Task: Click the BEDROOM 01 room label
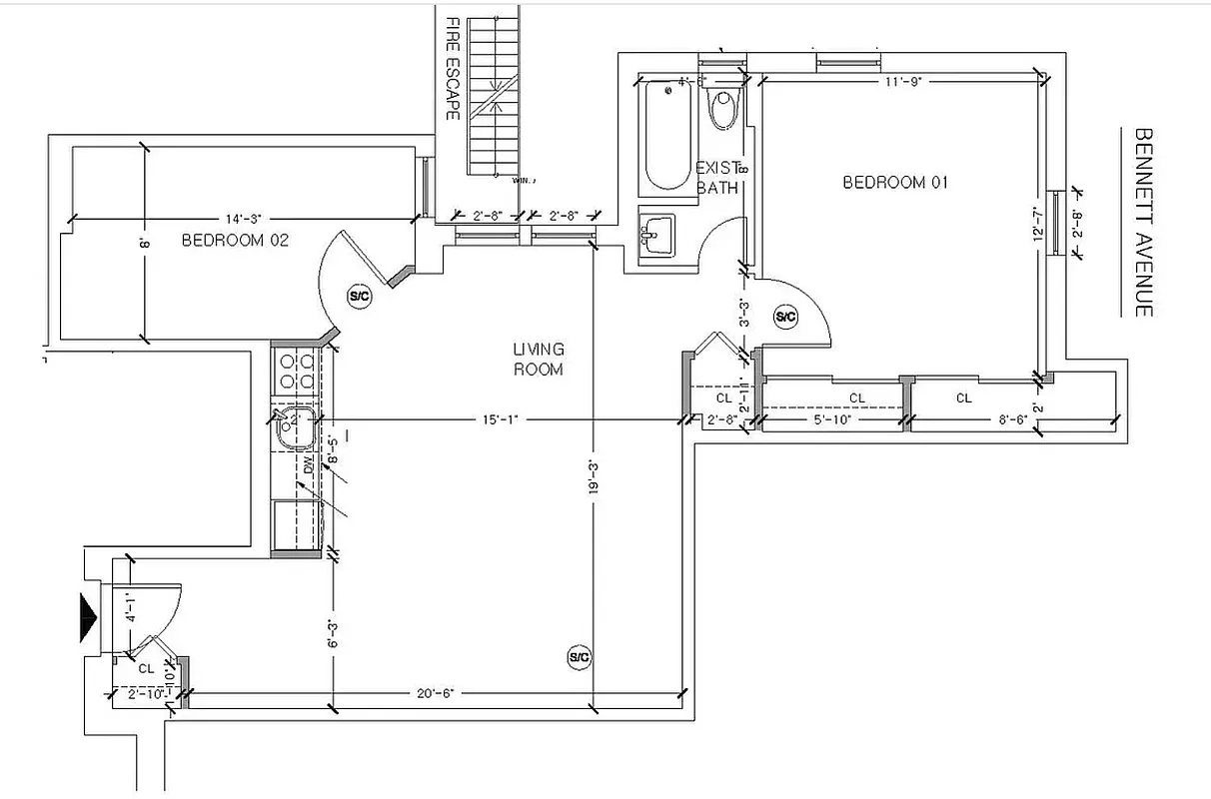894,183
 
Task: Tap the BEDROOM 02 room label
237,241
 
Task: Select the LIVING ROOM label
539,360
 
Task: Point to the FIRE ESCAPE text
452,68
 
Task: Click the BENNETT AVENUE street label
1144,222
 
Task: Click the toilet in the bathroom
722,108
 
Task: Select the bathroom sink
656,236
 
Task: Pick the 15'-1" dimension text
496,420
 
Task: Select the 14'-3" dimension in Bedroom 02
243,219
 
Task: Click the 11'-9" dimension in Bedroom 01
901,82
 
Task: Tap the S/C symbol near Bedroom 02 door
359,296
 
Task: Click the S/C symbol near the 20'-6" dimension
580,656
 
